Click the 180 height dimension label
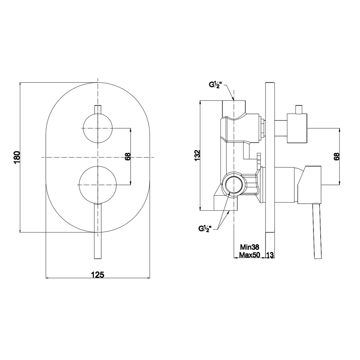17,157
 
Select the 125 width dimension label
98,274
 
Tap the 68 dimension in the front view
128,156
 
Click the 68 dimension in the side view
337,156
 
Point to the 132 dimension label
198,155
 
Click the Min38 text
250,247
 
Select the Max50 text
250,255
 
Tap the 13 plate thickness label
270,255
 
